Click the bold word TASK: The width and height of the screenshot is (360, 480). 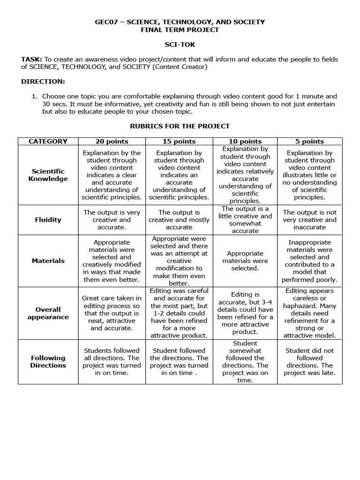(32, 60)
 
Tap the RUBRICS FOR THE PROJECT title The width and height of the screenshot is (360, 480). (180, 126)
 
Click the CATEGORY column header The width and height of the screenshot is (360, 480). (48, 141)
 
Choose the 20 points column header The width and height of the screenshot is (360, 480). (112, 141)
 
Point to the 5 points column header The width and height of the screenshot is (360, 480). (309, 141)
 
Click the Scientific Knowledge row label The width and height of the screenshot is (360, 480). (48, 175)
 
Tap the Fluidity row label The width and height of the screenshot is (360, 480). (48, 219)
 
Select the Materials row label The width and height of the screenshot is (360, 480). (48, 261)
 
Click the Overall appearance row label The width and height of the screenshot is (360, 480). (48, 313)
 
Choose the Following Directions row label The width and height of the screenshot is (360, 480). (48, 361)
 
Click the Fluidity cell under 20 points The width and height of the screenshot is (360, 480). (112, 219)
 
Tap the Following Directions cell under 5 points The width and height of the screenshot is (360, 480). (309, 361)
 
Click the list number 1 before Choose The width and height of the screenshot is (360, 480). (34, 96)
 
